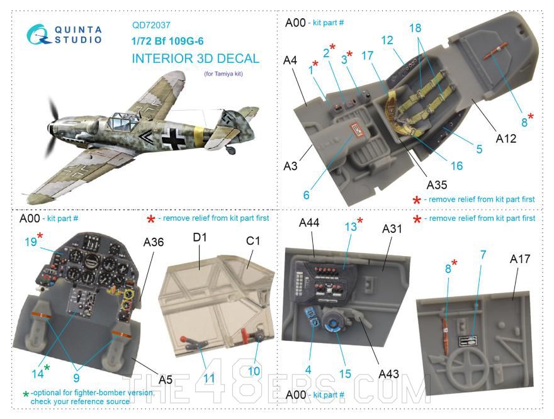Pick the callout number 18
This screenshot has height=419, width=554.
(415, 29)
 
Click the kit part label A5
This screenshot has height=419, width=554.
(166, 379)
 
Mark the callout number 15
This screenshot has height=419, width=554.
(344, 374)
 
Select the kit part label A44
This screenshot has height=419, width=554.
(312, 223)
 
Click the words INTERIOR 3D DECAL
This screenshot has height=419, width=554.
(195, 59)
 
